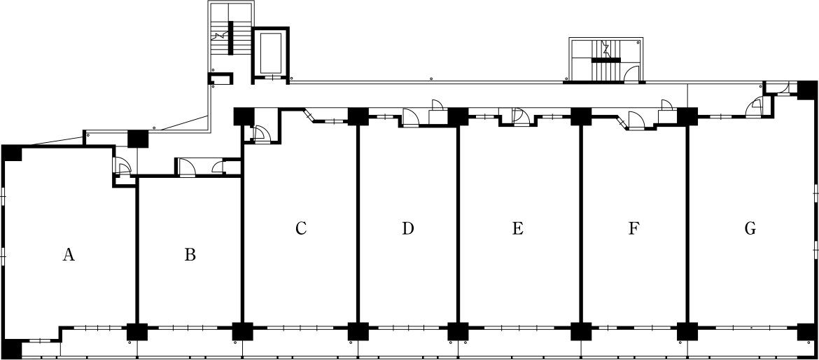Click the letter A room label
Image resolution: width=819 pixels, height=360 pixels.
(69, 255)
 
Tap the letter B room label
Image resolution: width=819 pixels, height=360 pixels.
(190, 255)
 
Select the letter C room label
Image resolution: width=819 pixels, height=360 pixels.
(300, 228)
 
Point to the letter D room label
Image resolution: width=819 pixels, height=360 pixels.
(408, 228)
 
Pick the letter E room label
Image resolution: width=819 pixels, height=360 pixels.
(517, 228)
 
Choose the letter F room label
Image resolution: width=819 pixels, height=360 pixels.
(633, 228)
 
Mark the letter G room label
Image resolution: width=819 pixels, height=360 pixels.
(750, 228)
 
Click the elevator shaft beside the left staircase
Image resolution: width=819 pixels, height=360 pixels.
(270, 54)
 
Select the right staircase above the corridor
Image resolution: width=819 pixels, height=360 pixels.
(605, 60)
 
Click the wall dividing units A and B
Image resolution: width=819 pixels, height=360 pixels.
(137, 251)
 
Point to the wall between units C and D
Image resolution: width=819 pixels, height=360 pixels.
(358, 225)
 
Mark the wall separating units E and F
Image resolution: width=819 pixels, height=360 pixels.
(581, 225)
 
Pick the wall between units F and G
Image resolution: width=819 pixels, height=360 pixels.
(687, 225)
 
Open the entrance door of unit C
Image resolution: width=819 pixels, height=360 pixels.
(260, 134)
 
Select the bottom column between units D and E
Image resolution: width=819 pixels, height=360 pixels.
(458, 332)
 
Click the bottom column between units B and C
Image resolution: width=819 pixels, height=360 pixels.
(242, 332)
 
